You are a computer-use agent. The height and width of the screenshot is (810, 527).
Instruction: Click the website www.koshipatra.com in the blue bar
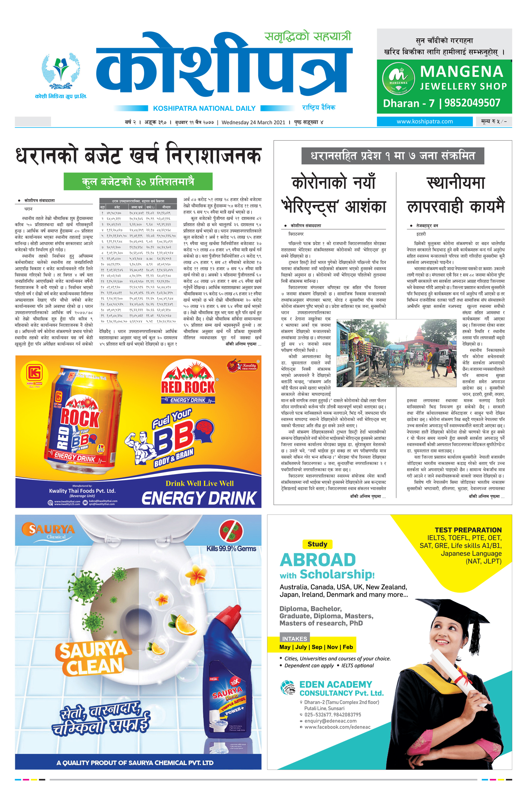tap(424, 122)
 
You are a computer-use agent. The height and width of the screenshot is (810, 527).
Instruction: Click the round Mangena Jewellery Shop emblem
tap(398, 79)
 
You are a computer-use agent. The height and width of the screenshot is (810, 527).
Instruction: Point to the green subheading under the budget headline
tap(138, 182)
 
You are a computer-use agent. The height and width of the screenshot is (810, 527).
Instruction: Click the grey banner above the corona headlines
tap(392, 156)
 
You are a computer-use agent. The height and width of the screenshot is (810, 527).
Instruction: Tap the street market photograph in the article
tap(396, 353)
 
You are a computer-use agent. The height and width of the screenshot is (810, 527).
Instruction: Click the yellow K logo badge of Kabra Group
tap(34, 373)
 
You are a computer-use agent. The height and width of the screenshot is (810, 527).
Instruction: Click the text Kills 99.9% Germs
tap(231, 549)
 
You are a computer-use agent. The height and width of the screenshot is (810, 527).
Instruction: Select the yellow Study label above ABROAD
tap(317, 544)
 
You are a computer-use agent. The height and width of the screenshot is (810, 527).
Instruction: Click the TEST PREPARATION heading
tap(468, 530)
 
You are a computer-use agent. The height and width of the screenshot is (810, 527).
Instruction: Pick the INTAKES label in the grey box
tap(294, 638)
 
